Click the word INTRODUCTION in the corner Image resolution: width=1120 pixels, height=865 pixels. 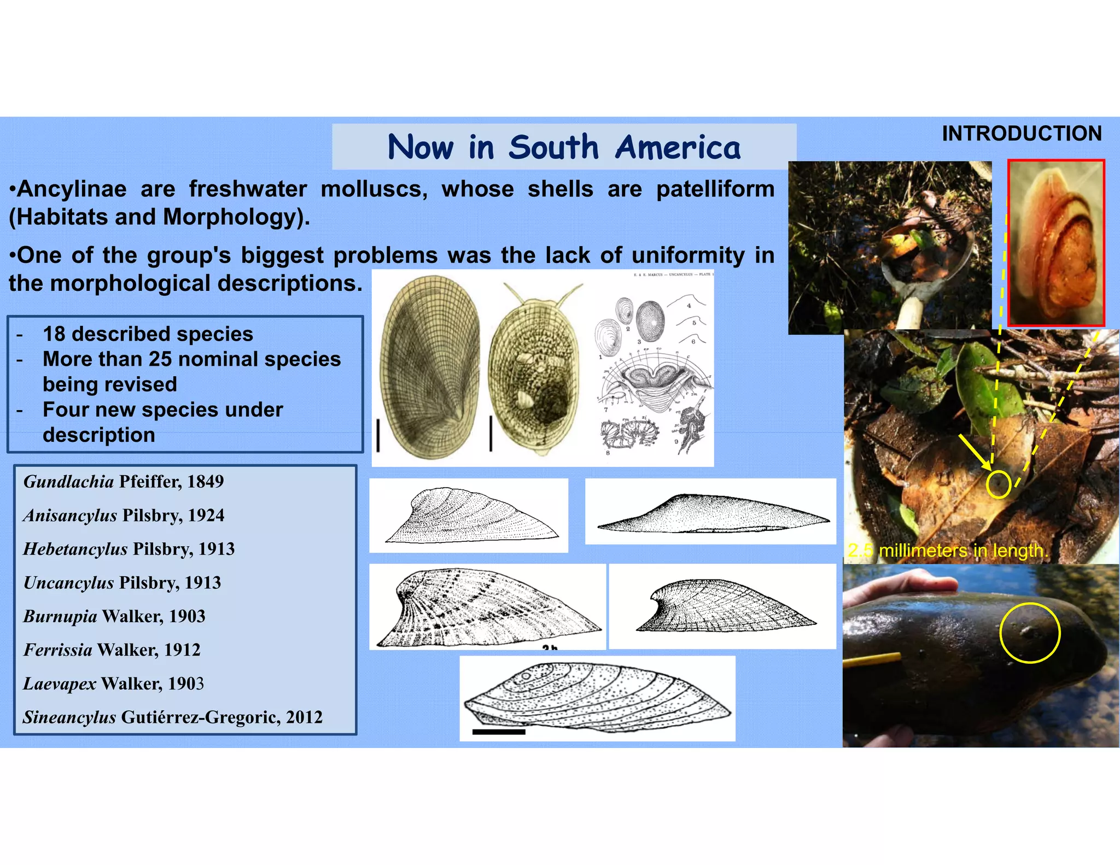point(1021,134)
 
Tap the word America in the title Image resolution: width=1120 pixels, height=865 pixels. point(678,148)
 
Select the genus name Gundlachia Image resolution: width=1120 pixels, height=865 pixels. point(68,482)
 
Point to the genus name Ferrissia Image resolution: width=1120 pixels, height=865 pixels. point(57,650)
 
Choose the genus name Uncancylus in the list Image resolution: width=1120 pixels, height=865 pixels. point(68,582)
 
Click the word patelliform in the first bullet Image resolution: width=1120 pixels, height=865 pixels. point(715,189)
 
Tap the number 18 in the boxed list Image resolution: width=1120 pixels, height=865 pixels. point(54,334)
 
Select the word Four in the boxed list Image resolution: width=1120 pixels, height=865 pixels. point(62,410)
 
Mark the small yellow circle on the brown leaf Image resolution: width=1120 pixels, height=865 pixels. point(999,484)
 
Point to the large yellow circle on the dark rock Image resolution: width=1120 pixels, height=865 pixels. point(1030,633)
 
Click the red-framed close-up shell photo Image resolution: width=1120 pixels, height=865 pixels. point(1056,243)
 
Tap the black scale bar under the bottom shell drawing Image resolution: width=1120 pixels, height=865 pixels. point(498,732)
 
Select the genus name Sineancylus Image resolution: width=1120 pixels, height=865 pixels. point(69,717)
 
